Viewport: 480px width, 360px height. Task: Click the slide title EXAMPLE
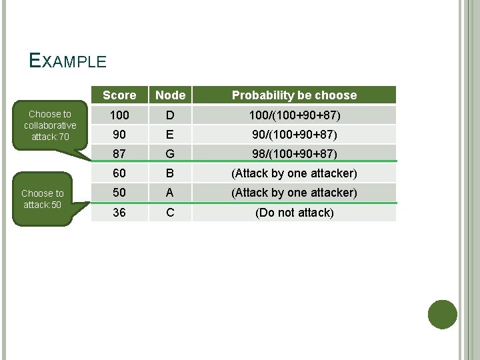(x=68, y=61)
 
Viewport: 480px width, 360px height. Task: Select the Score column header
(x=119, y=95)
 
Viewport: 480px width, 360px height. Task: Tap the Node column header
(x=170, y=95)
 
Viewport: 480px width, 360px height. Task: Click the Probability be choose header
(x=294, y=95)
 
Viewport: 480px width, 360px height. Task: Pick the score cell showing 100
(x=119, y=115)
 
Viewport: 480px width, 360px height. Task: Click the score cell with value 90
(x=119, y=135)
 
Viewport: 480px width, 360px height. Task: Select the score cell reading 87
(x=119, y=154)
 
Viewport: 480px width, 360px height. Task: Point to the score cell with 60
(x=119, y=173)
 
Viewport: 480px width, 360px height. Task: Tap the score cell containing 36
(x=119, y=212)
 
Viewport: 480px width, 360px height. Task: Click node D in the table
(x=170, y=115)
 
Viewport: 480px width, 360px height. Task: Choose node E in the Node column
(x=170, y=135)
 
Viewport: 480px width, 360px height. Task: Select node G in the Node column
(x=170, y=154)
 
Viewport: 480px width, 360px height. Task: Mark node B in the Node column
(x=170, y=173)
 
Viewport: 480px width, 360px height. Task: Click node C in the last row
(x=170, y=212)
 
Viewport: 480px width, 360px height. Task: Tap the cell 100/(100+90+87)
(x=294, y=115)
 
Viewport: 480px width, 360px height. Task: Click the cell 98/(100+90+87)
(x=294, y=154)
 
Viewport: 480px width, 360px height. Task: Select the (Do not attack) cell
(x=294, y=213)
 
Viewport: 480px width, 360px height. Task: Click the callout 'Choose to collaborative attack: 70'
(x=50, y=125)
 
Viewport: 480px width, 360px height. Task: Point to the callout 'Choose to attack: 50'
(x=43, y=199)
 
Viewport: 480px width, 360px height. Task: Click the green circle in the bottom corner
(x=442, y=315)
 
